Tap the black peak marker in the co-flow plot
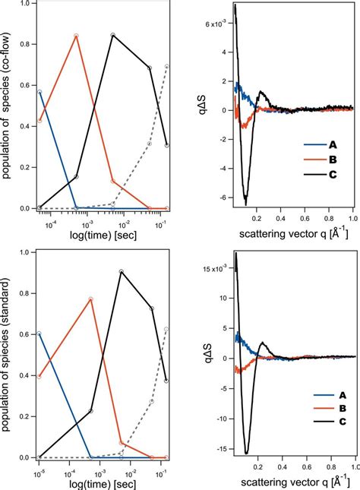click(x=112, y=35)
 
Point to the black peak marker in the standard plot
click(x=122, y=271)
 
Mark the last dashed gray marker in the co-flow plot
click(x=167, y=66)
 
